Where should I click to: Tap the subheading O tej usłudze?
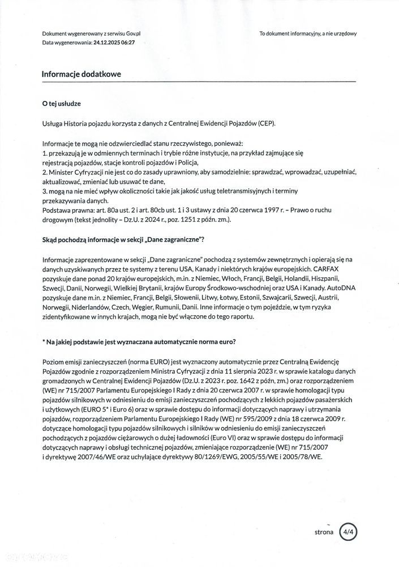pyautogui.click(x=62, y=105)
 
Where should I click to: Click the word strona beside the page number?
pyautogui.click(x=324, y=532)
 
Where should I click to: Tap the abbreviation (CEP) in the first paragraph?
pyautogui.click(x=264, y=124)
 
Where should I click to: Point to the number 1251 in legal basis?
pyautogui.click(x=195, y=219)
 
